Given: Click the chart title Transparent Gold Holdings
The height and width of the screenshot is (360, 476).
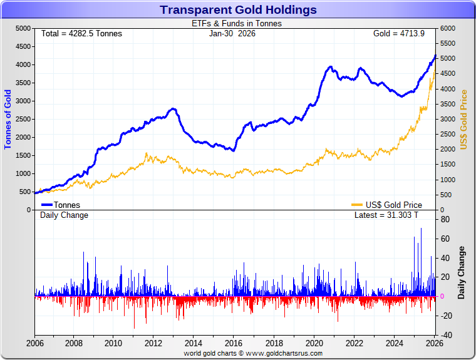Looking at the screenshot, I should coord(238,9).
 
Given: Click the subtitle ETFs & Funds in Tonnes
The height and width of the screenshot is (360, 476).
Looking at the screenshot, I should coord(236,24).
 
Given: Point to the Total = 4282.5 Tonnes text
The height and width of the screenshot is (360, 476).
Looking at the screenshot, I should coord(81,33).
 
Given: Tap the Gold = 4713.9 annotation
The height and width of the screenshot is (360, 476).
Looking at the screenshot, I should coord(395,33).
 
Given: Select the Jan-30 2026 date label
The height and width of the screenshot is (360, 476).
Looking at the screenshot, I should coord(232,33).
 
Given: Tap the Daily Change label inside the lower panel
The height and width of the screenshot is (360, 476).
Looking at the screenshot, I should coord(64,215).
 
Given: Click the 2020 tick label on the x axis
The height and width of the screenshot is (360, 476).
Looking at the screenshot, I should coord(314,343).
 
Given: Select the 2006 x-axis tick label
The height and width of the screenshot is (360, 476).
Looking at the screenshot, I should coord(34,343).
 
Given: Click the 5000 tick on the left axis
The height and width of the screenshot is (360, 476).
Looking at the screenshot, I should coord(23,28).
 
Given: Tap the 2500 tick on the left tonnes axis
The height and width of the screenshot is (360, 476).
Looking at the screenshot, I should coord(23,119).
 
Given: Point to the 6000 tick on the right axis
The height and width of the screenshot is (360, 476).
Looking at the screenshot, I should coord(448,28).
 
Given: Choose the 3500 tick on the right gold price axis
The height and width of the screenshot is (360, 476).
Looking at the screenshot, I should coord(448,104).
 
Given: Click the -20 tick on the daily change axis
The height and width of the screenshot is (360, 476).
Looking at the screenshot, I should coord(446,316).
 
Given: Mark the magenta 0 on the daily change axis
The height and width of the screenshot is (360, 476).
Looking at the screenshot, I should coord(443,296).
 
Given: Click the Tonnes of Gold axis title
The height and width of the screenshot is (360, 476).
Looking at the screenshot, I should coord(8,119).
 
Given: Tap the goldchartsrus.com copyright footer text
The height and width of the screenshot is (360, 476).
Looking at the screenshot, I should coord(253,353).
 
